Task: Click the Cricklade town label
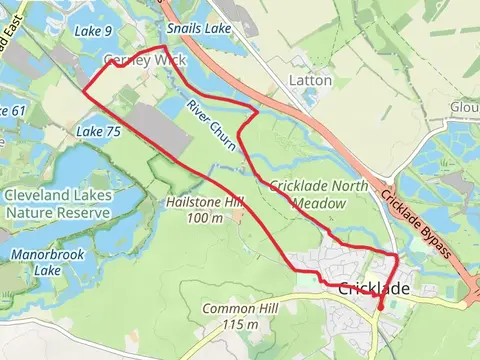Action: tap(374, 289)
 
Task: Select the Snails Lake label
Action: tap(199, 30)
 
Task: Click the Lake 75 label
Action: tap(98, 131)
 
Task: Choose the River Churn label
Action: tap(209, 126)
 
